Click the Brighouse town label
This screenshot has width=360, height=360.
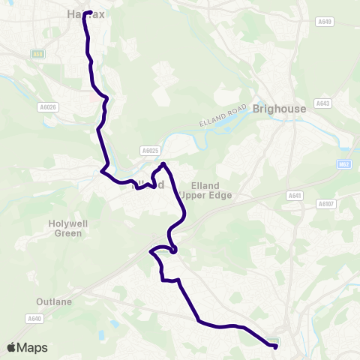click(x=280, y=109)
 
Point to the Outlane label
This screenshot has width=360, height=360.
click(x=54, y=301)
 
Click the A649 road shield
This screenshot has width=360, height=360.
click(x=324, y=22)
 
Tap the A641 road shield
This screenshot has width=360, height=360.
click(x=294, y=195)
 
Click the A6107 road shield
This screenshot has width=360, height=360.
click(x=325, y=203)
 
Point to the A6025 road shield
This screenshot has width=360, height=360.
click(x=149, y=150)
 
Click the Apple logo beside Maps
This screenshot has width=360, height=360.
click(x=11, y=347)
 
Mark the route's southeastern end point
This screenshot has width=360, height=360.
click(x=275, y=346)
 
